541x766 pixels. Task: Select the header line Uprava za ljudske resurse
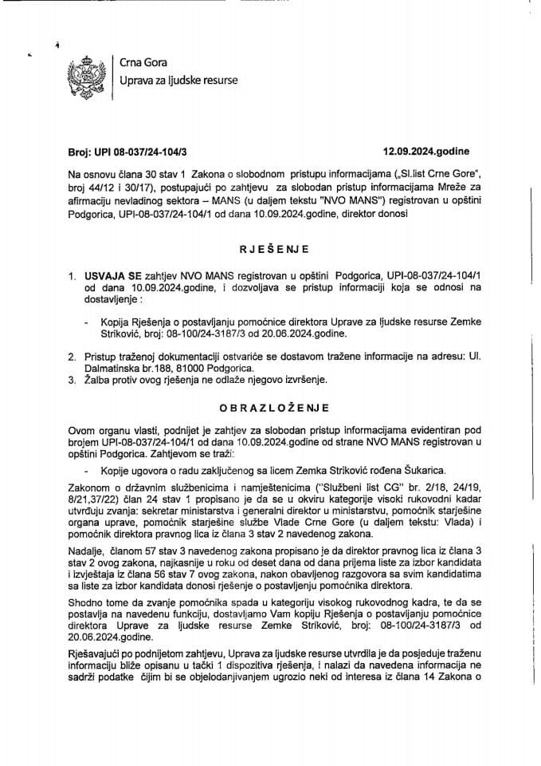coord(178,81)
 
